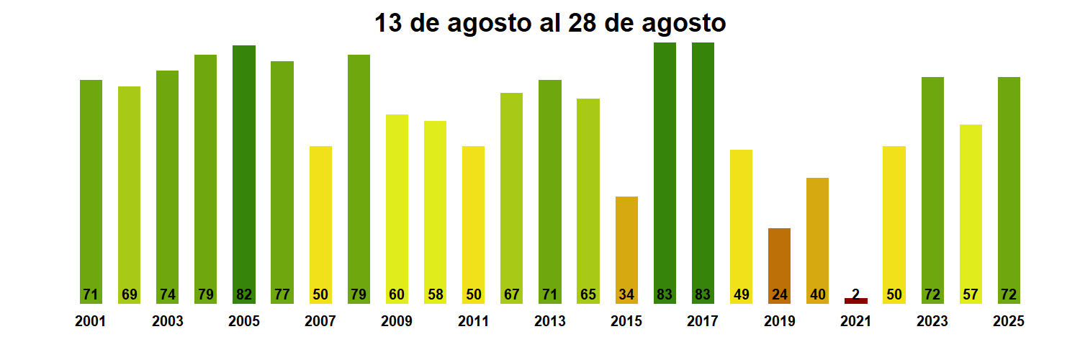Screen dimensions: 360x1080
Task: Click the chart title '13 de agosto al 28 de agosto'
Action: [x=550, y=23]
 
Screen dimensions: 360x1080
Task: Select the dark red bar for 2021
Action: [x=856, y=301]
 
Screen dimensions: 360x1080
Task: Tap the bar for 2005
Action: [x=244, y=173]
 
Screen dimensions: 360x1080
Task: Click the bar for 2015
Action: [x=626, y=249]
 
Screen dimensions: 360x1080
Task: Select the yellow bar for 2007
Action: [x=320, y=224]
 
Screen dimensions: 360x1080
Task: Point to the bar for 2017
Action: [x=703, y=173]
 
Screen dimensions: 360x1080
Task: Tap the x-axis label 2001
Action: [x=90, y=322]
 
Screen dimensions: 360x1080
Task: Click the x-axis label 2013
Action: [x=550, y=322]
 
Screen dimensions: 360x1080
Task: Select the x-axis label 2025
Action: [x=1009, y=322]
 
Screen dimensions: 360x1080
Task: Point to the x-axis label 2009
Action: [x=397, y=322]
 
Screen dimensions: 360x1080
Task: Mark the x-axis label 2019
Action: [x=780, y=322]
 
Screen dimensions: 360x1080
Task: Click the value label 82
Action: [x=244, y=294]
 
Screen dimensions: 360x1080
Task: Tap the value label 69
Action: [x=130, y=294]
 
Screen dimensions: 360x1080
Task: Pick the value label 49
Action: [x=741, y=294]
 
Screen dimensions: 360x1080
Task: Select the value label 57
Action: [x=971, y=294]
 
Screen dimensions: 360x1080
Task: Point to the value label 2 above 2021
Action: [x=856, y=294]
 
